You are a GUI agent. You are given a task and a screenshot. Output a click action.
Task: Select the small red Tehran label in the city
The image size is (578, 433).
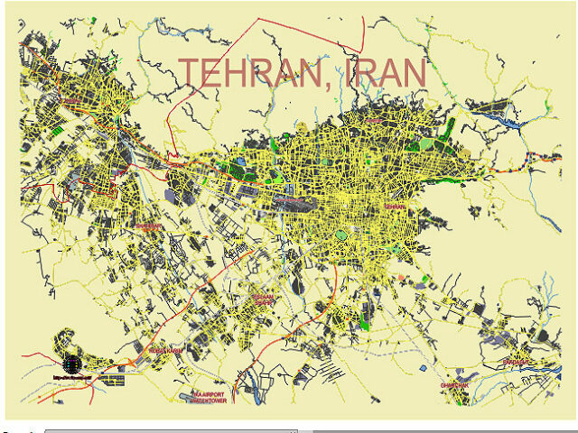coord(396,207)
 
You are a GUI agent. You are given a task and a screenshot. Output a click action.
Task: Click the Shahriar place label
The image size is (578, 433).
coord(148,226)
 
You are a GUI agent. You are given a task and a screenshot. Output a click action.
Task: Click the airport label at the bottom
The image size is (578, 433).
coord(210,398)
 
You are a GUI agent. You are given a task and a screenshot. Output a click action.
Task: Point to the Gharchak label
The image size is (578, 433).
coord(454,385)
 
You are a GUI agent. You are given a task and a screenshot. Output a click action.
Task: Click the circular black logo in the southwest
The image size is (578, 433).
coord(70,365)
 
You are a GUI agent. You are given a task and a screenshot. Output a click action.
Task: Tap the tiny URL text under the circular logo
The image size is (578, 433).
coord(70,378)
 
